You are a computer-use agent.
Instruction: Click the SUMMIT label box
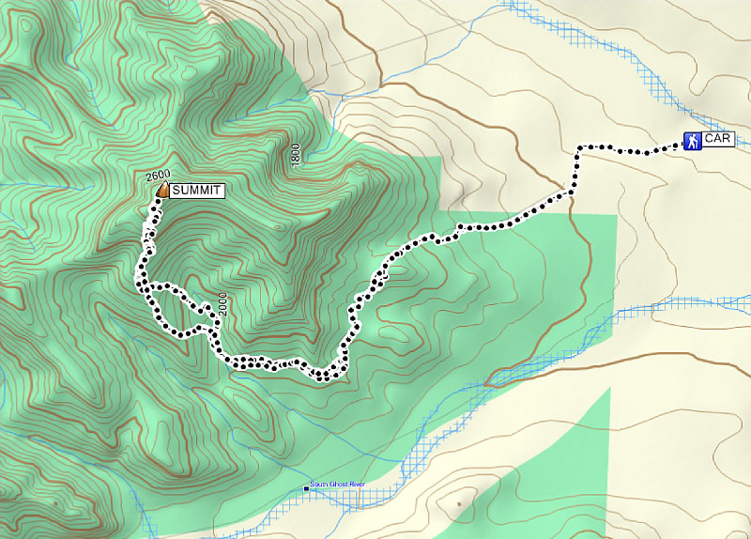[198, 191]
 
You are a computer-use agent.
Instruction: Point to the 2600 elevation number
[158, 176]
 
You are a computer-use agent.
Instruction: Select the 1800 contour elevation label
[296, 156]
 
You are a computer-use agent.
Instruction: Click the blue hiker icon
[692, 141]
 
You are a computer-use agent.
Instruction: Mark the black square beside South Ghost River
[305, 488]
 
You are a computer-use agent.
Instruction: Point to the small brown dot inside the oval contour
[458, 504]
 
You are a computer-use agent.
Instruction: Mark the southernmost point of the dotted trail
[324, 379]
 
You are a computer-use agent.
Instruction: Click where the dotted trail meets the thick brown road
[569, 193]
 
